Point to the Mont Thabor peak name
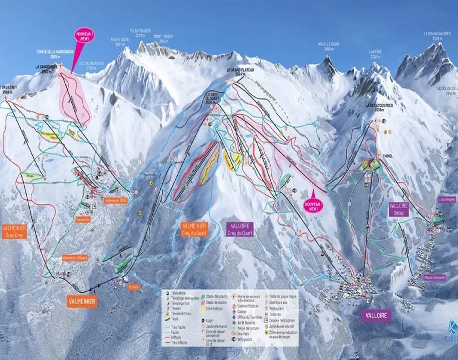pos(163,38)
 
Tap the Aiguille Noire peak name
pos(329,46)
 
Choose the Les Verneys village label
pos(447,199)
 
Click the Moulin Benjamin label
pos(435,278)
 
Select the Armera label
pos(134,287)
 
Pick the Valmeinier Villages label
pos(75,258)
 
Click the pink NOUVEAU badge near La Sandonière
pos(83,36)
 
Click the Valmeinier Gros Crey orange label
pos(14,231)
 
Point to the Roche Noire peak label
pos(120,41)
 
